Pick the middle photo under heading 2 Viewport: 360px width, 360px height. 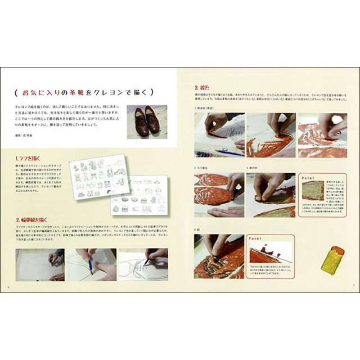tap(90, 264)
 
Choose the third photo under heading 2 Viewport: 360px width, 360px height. tap(142, 264)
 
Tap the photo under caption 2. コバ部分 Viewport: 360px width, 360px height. tap(219, 195)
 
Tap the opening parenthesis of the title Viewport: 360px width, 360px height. tap(13, 91)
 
